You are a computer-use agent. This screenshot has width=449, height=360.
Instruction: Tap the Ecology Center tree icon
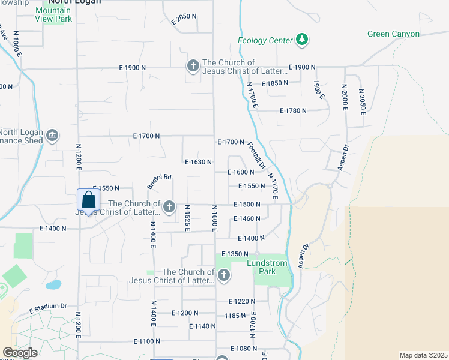point(303,40)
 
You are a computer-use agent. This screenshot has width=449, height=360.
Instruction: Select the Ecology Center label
point(265,41)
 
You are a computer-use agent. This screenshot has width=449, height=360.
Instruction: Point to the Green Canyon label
point(393,34)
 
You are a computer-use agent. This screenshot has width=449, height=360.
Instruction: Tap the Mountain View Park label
point(54,14)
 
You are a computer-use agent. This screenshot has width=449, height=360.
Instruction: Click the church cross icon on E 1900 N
point(193,65)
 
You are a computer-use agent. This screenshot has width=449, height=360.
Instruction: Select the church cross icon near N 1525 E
point(169,207)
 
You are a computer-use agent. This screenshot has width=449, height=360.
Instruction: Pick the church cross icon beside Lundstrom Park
point(223,275)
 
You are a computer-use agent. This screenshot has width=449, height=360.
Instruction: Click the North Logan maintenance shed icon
point(52,135)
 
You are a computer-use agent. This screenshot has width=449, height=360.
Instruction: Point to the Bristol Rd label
point(160,181)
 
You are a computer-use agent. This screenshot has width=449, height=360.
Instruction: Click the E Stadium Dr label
point(47,308)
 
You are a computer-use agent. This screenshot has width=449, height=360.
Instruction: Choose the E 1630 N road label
point(198,162)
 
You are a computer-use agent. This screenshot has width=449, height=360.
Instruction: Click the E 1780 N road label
point(293,110)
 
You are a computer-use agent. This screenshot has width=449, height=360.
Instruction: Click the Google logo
point(20,353)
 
